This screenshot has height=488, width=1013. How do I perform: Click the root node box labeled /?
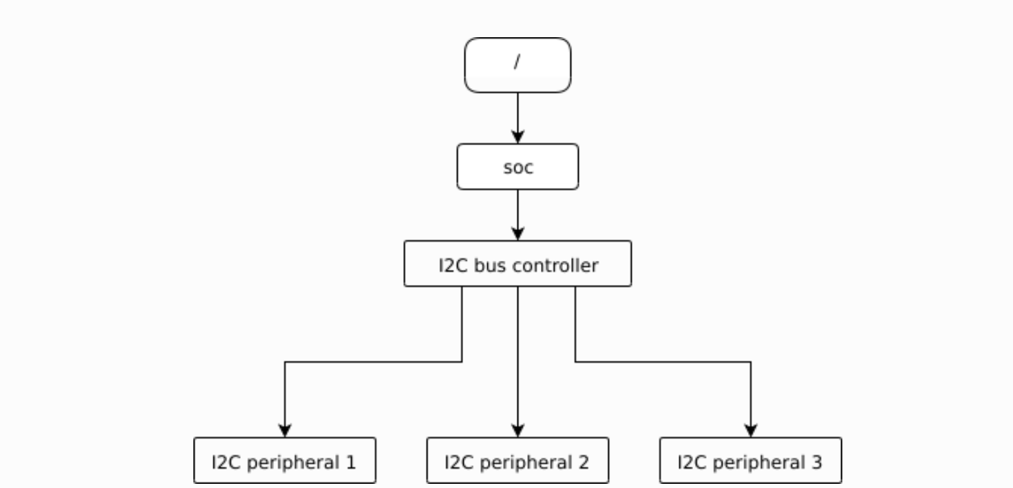point(518,65)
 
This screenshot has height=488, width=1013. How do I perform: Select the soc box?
point(518,167)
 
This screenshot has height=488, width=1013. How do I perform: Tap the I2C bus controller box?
point(518,264)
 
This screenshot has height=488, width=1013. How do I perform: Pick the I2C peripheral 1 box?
point(284,460)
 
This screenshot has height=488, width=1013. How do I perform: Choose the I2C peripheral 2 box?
point(518,460)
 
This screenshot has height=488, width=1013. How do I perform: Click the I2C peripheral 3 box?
point(750,460)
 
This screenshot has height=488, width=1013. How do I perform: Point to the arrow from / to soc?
point(518,114)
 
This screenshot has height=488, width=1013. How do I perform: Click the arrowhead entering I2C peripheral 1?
point(284,430)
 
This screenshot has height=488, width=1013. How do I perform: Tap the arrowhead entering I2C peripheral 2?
point(518,430)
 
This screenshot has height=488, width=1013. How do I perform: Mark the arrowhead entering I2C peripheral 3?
point(751,430)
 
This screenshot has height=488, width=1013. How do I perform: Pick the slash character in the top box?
point(518,62)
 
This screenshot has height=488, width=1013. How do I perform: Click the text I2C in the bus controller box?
point(453,265)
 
